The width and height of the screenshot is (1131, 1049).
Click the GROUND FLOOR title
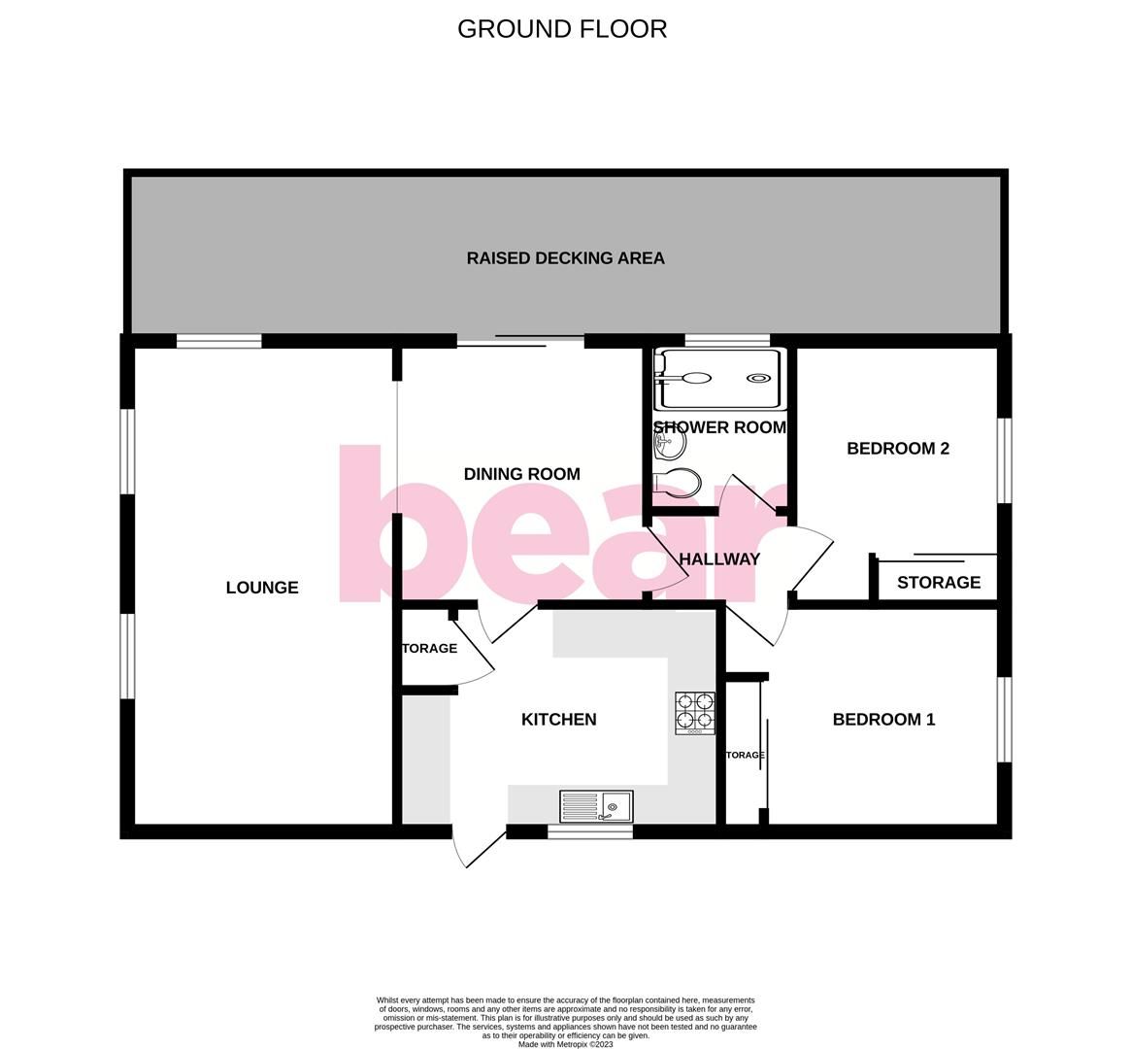pos(562,29)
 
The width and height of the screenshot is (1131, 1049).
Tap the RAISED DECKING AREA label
pos(565,258)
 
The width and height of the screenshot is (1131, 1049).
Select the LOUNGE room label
pos(262,588)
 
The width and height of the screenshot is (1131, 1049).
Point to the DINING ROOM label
pos(521,474)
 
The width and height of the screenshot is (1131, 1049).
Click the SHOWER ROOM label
pos(719,427)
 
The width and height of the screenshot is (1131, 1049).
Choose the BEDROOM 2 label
pos(898,449)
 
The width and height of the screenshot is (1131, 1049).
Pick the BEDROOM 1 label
pos(883,720)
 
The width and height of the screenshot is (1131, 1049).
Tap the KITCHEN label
pos(559,720)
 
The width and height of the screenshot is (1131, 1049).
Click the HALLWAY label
pos(719,559)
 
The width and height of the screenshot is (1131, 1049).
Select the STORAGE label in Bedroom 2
pos(939,583)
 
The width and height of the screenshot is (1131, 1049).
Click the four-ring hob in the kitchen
pos(695,713)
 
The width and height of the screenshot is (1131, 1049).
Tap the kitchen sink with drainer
pos(596,806)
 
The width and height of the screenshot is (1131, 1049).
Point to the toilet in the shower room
pos(678,482)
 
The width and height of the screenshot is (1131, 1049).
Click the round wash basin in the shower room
pos(670,445)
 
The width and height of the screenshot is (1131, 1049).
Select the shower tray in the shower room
pos(719,378)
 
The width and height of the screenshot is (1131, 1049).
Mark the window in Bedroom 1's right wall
pos(1006,719)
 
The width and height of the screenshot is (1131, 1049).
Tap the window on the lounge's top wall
pos(218,341)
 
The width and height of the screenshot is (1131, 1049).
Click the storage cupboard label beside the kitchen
pos(429,649)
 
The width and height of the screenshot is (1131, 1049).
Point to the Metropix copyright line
pos(566,1044)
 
